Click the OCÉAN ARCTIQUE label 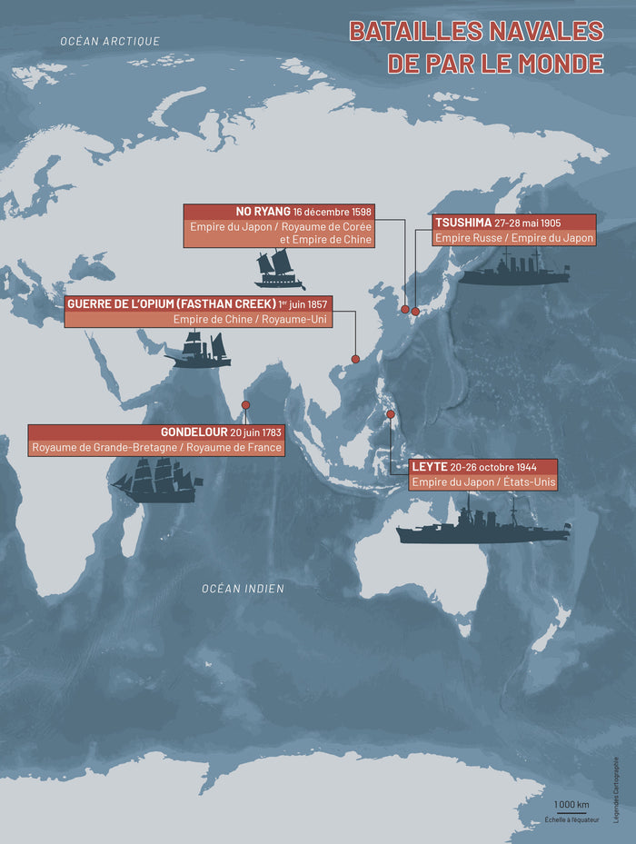[x=110, y=41]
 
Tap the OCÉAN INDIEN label [x=243, y=589]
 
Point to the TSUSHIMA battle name [x=462, y=223]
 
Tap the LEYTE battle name [x=429, y=466]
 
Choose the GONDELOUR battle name [x=194, y=432]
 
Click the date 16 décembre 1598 [x=333, y=213]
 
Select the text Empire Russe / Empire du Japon [x=513, y=238]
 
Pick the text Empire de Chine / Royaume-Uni [x=250, y=319]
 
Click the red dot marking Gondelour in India [x=245, y=405]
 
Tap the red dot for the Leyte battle [x=391, y=414]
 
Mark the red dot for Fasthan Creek [x=355, y=359]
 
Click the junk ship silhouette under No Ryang [x=279, y=269]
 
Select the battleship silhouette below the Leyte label [x=482, y=528]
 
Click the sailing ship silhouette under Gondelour [x=156, y=481]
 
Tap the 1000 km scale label [x=571, y=805]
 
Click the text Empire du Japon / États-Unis [x=482, y=482]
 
